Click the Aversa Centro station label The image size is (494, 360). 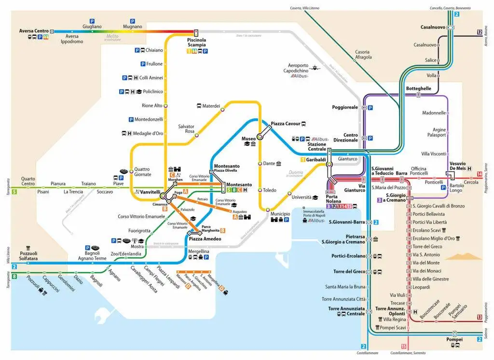point(34,31)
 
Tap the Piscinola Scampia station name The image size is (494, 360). point(197,42)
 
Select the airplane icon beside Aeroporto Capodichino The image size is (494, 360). point(316,68)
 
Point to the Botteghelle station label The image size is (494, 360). point(419,89)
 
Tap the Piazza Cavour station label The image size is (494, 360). point(285,124)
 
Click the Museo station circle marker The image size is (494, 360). point(260,137)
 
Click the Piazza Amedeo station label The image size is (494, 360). point(205,239)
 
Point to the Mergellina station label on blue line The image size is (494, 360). point(198,251)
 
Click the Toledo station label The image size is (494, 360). point(270,190)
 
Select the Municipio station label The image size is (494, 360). point(280,213)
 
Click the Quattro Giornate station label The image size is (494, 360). point(142,172)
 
